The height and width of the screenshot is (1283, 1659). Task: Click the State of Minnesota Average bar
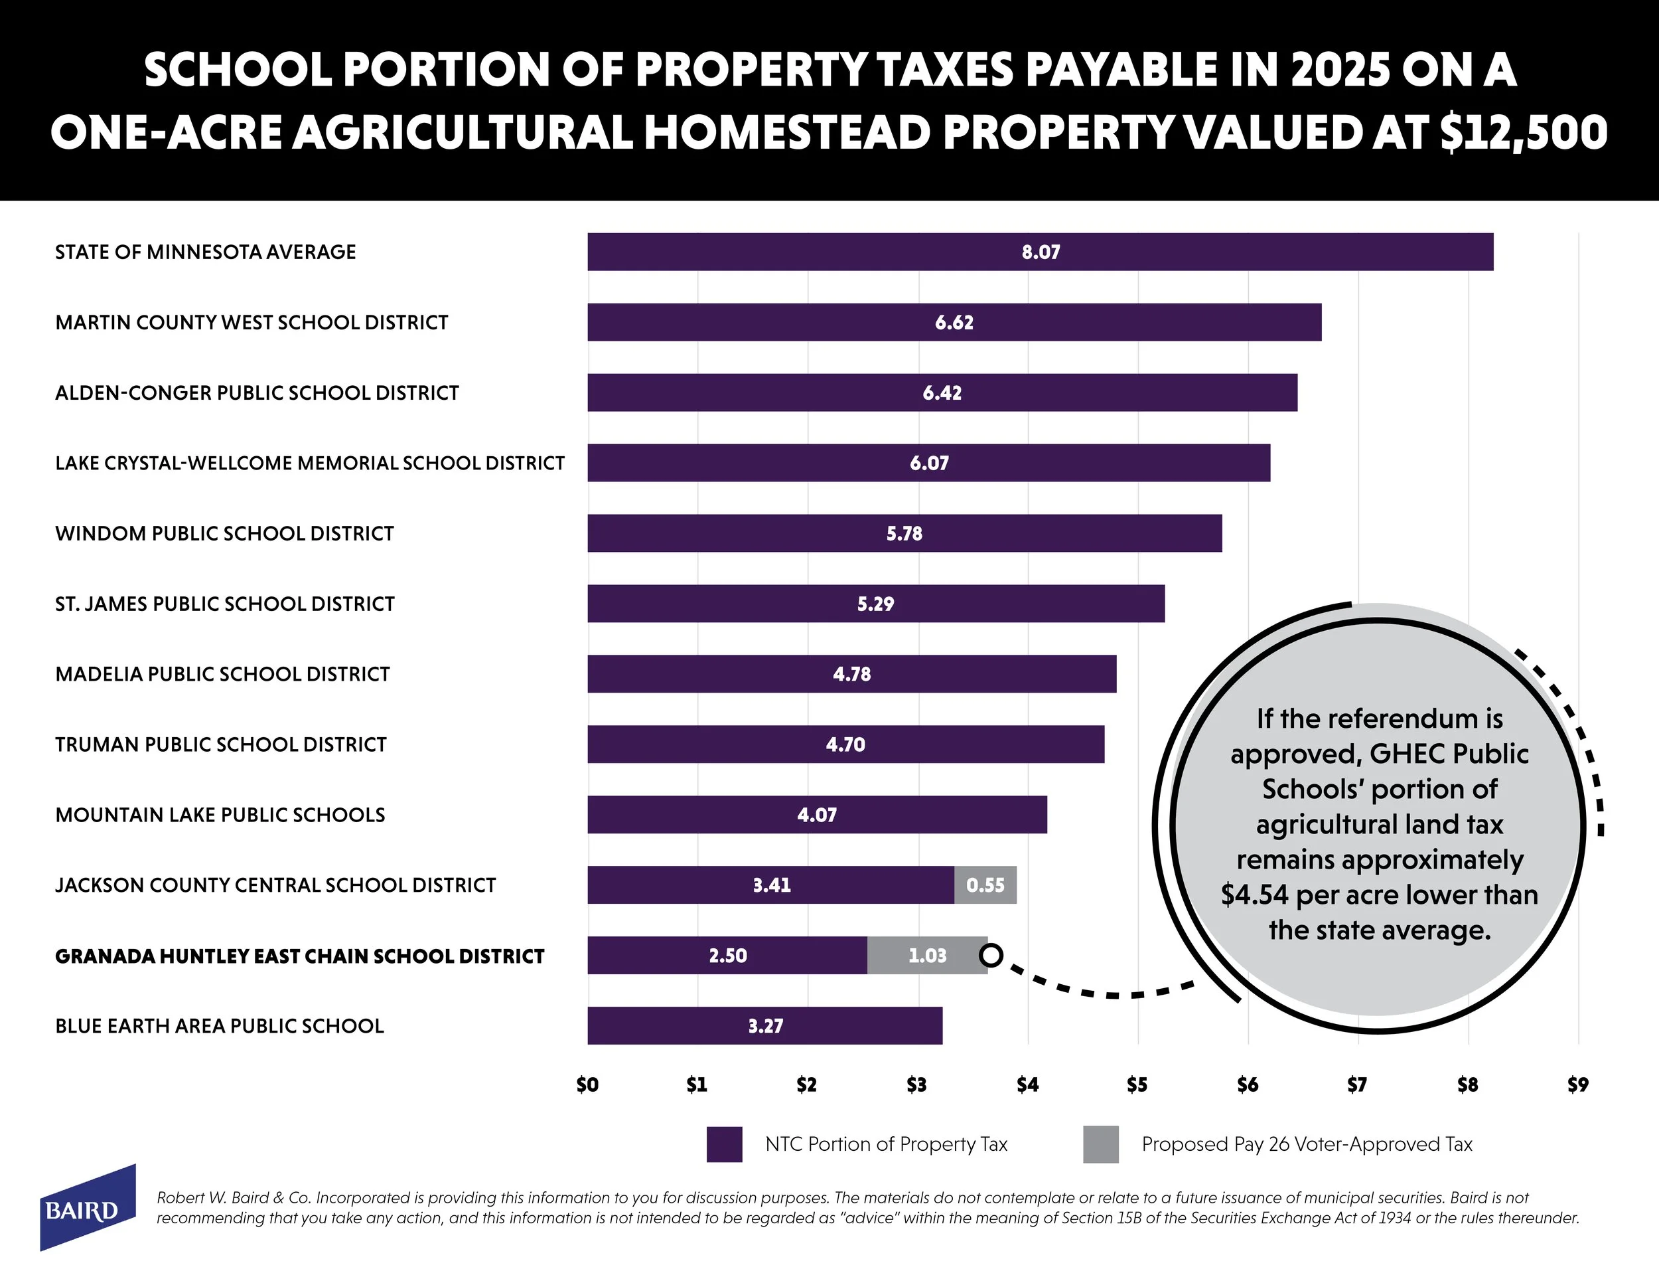1040,252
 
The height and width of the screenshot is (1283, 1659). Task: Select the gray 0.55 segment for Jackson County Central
985,885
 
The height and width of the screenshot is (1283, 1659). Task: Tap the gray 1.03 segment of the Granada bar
927,956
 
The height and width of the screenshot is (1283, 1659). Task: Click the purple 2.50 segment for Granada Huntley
727,956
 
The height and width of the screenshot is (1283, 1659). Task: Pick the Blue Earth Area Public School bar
764,1025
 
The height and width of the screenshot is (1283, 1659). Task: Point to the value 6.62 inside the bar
954,322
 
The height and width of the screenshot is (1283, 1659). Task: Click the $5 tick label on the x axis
1137,1084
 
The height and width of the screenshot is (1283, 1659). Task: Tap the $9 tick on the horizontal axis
1578,1084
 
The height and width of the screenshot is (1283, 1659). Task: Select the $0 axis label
587,1084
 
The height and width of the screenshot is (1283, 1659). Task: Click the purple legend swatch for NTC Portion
724,1144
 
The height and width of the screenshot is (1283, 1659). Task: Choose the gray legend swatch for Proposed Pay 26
1101,1144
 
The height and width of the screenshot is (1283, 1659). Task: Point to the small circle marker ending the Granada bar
992,955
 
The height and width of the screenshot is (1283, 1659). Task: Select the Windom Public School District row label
225,533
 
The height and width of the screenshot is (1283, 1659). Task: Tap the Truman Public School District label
221,744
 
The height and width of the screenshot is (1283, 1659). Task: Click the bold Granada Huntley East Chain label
300,956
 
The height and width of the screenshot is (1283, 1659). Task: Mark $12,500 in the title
1523,132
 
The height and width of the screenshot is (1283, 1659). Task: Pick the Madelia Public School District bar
851,673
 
